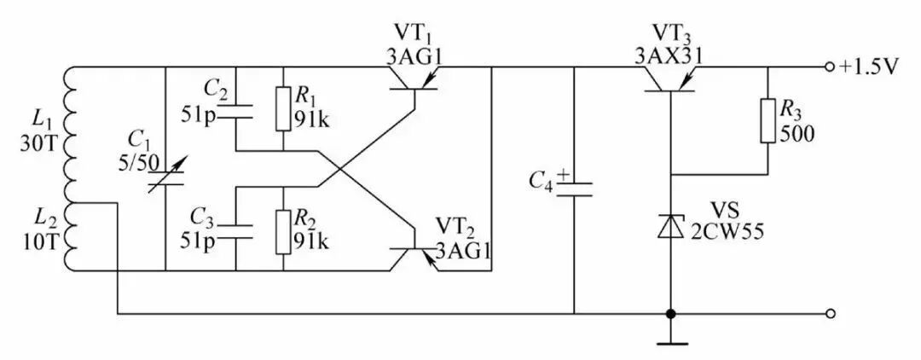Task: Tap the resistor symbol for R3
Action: (x=768, y=120)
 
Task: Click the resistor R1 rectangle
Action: (x=283, y=108)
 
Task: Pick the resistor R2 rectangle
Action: (x=283, y=232)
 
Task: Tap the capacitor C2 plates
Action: (x=235, y=112)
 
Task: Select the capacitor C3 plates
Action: (x=235, y=232)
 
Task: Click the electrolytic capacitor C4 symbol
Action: (x=573, y=188)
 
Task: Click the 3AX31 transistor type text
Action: (x=668, y=55)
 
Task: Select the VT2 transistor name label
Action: (x=455, y=227)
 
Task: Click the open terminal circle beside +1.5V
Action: (x=830, y=67)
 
